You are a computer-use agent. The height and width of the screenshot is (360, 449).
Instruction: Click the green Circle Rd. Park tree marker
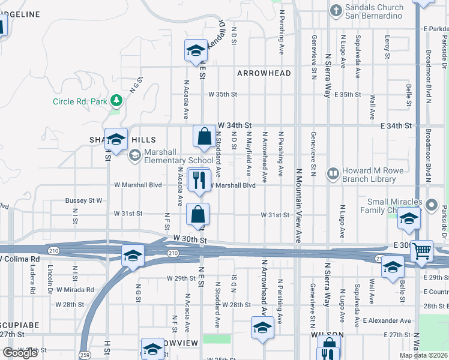click(118, 100)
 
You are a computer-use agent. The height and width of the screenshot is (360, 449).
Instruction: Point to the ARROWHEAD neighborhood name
click(264, 73)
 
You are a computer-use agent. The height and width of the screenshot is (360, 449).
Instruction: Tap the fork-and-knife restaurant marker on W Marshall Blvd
click(199, 180)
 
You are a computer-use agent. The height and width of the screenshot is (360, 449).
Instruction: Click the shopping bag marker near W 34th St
click(204, 136)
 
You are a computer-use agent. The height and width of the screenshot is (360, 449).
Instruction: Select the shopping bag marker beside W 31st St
click(198, 214)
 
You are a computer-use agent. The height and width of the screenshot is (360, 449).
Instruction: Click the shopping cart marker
click(422, 251)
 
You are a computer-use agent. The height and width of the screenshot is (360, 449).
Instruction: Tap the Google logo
click(20, 353)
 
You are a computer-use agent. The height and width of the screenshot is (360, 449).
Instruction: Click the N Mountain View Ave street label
click(298, 205)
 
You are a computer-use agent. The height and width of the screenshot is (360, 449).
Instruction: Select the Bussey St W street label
click(84, 200)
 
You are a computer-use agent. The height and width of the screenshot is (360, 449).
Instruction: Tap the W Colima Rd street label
click(20, 259)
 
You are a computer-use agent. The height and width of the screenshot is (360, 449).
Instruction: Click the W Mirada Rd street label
click(73, 289)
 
